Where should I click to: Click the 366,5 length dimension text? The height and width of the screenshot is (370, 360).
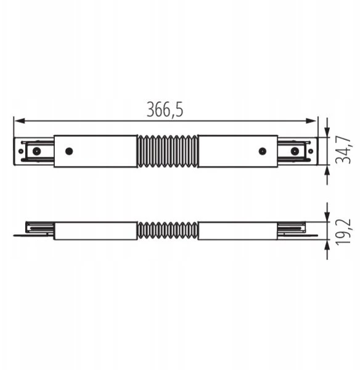pos(165,110)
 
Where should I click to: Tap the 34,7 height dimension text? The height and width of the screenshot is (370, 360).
pos(343,150)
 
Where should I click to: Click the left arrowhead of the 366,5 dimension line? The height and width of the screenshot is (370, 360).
pos(19,121)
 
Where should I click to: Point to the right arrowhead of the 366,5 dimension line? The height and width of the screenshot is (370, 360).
pos(311,121)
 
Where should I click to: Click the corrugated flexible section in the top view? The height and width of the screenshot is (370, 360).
pos(168,151)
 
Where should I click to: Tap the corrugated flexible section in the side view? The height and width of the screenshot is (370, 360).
pos(168,231)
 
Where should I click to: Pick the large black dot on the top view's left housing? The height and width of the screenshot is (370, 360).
pos(69,151)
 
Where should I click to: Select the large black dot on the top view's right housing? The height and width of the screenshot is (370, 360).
pos(263,151)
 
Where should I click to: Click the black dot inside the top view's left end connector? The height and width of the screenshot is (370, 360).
pos(36,151)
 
